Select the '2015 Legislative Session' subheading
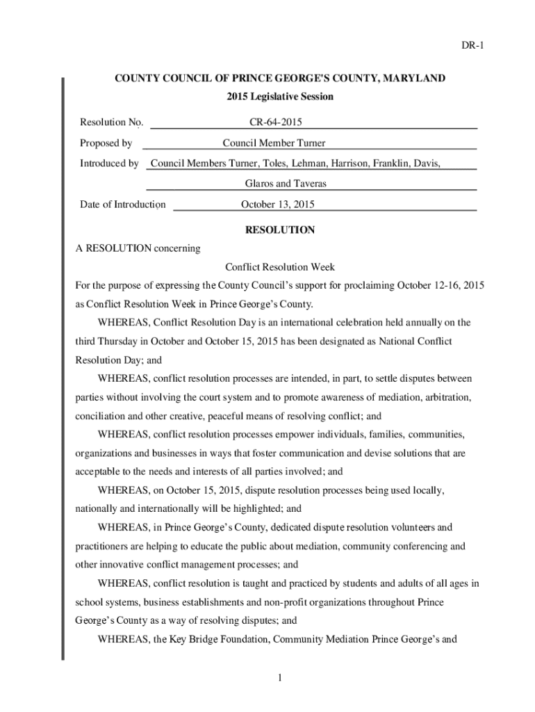[280, 97]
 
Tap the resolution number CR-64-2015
[275, 123]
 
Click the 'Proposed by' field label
[106, 143]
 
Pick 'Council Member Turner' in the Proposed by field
[274, 143]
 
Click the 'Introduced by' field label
[109, 163]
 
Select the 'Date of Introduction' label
[122, 204]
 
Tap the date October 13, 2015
[278, 204]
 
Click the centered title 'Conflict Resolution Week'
[280, 267]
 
